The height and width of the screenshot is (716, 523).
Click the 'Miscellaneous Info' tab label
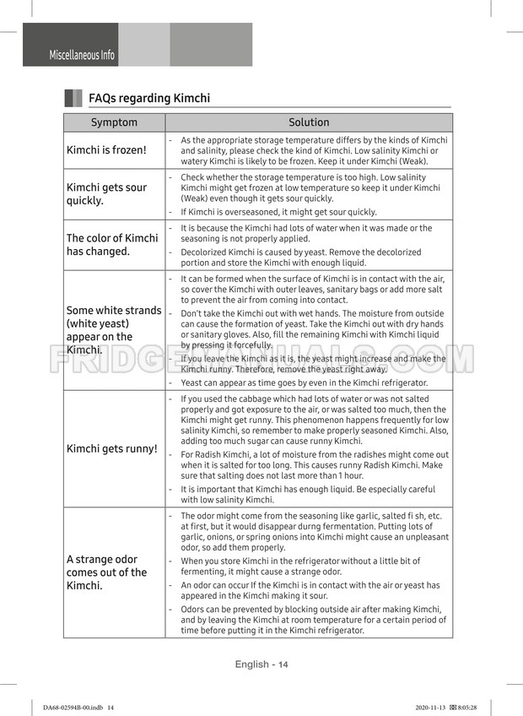(82, 55)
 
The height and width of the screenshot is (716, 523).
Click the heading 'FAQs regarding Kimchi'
(149, 98)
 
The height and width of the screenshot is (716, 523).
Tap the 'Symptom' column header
(114, 122)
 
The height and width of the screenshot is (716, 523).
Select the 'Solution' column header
(309, 122)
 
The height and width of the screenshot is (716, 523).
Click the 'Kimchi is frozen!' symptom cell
(106, 150)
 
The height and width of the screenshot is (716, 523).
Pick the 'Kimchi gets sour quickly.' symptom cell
(106, 194)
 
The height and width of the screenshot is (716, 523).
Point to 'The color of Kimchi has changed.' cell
(112, 245)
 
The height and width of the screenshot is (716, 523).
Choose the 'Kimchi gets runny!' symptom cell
(112, 448)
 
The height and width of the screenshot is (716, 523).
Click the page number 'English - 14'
(261, 664)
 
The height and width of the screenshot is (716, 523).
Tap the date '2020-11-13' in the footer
(432, 708)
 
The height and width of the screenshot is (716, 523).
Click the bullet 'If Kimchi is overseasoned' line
(278, 212)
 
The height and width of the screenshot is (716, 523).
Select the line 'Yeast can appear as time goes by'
(304, 382)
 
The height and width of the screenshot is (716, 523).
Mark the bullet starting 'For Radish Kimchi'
(314, 465)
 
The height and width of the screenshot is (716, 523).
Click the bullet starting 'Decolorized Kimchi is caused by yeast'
(301, 258)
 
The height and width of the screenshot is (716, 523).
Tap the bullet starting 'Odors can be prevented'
(314, 620)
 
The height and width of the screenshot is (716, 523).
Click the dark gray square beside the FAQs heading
(73, 98)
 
